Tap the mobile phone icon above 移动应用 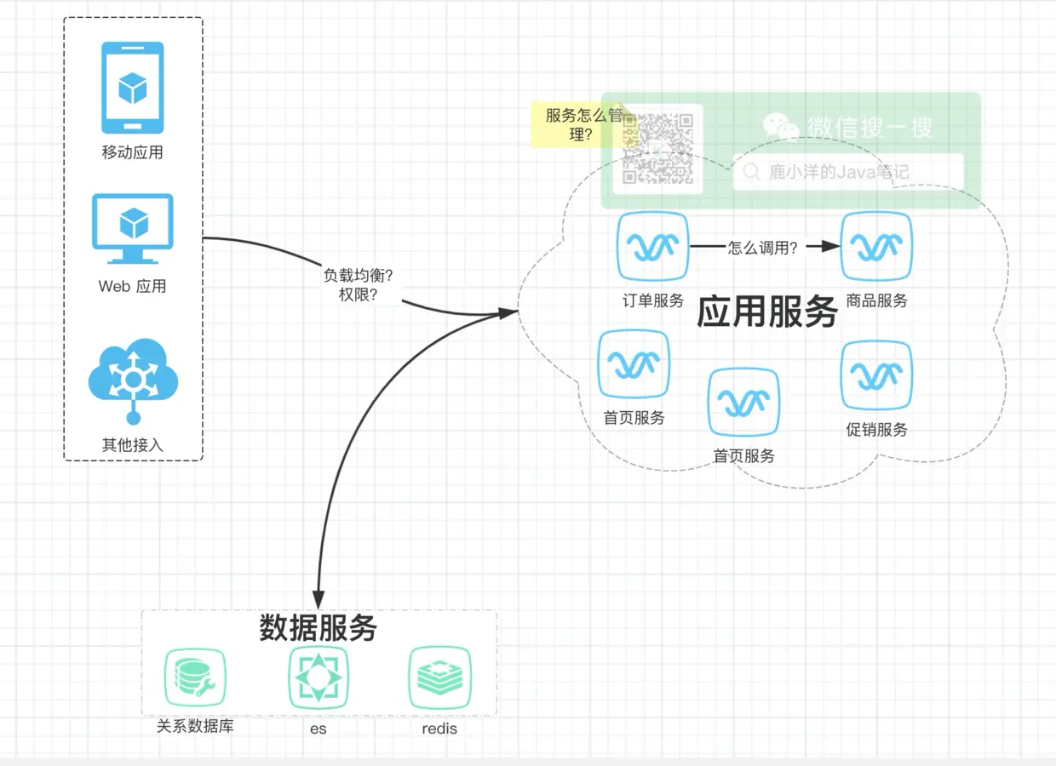tap(133, 88)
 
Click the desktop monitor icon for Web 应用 tap(133, 228)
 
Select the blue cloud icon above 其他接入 tap(133, 380)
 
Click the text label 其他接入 tap(133, 444)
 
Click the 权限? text tap(358, 294)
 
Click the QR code tap(657, 148)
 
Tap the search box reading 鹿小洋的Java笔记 tap(848, 172)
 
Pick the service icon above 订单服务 tap(652, 246)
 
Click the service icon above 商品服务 tap(876, 246)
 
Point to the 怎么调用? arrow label tap(763, 248)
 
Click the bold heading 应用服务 tap(767, 312)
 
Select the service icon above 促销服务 tap(876, 375)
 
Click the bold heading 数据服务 tap(318, 628)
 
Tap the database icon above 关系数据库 tap(195, 677)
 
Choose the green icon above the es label tap(319, 677)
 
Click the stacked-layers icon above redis tap(439, 677)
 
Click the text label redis tap(439, 729)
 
